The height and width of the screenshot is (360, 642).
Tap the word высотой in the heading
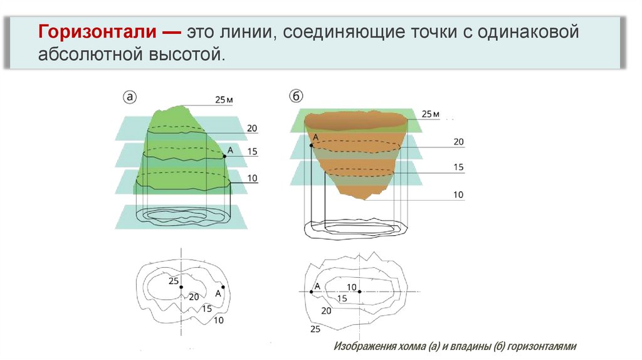click(x=190, y=55)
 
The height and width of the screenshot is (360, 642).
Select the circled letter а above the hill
click(x=129, y=97)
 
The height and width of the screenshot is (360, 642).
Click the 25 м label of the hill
click(x=224, y=100)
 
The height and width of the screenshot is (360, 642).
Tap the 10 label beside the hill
click(x=252, y=178)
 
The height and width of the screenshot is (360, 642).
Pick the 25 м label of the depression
click(x=430, y=114)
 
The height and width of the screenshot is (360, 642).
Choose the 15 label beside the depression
click(x=458, y=167)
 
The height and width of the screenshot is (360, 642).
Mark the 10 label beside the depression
click(x=458, y=195)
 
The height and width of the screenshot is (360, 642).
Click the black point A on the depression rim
click(x=312, y=146)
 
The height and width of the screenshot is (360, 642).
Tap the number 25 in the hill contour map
click(x=174, y=281)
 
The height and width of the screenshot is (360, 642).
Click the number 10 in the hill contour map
click(x=219, y=320)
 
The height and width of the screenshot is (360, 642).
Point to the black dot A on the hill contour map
click(x=223, y=287)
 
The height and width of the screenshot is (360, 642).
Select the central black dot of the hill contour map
click(x=181, y=287)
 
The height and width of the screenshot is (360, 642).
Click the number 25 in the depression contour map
click(x=315, y=329)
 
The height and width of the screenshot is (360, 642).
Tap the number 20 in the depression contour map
click(x=326, y=310)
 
